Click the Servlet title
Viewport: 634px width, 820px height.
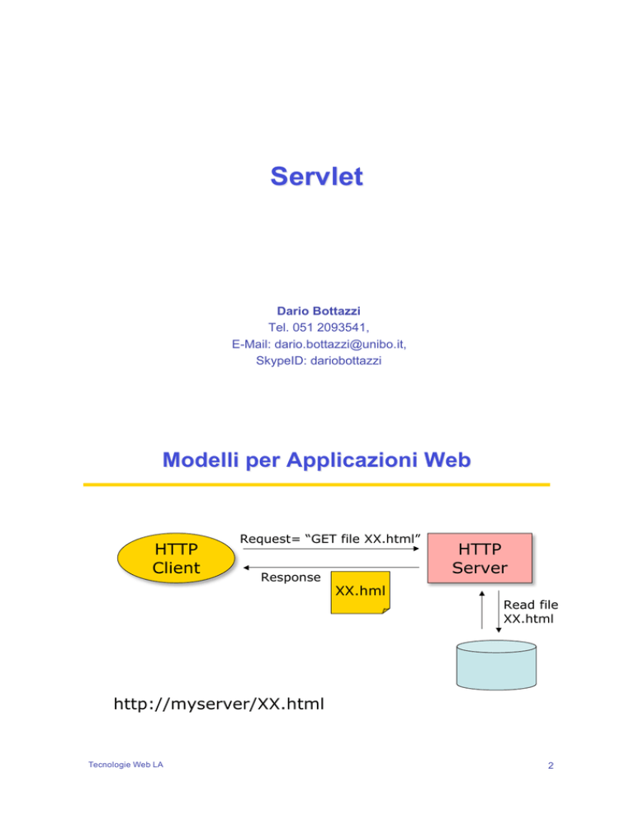[316, 177]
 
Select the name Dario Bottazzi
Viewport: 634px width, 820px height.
[319, 311]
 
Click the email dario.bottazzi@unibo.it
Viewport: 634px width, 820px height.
[339, 344]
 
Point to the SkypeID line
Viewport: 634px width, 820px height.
[319, 361]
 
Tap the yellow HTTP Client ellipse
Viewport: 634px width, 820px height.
[176, 558]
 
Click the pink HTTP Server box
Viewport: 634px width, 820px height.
[480, 558]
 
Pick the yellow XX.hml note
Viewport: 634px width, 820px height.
[360, 592]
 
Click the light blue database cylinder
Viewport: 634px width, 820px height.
[496, 665]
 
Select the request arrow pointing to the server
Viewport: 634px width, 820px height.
[331, 549]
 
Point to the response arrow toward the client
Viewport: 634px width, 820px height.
[331, 568]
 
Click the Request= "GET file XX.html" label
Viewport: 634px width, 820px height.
[330, 539]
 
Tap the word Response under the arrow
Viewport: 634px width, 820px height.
[291, 577]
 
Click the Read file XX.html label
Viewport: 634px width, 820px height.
[530, 612]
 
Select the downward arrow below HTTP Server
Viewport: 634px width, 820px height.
[499, 611]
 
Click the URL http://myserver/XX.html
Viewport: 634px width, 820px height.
[219, 704]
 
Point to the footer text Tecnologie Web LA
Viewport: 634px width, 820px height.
[125, 765]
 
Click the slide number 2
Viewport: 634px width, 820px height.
[551, 766]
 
